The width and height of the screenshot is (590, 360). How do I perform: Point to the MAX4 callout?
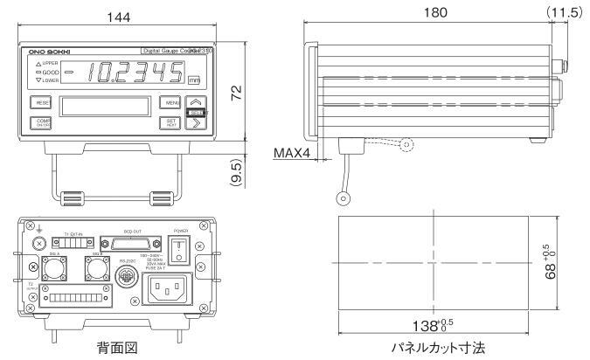[x=293, y=154]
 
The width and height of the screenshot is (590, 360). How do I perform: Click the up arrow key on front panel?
[x=196, y=101]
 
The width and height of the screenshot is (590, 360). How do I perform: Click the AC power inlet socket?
[x=167, y=287]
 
